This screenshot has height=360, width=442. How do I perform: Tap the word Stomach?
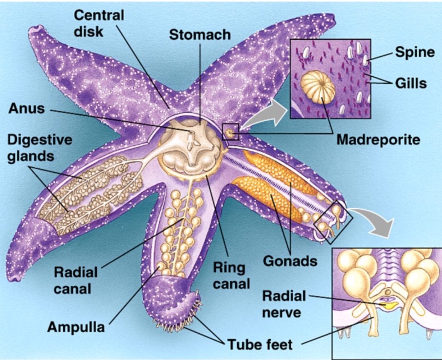coord(200,35)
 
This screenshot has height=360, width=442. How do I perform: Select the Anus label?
coord(26,107)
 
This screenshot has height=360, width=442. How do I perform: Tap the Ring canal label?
coord(231,275)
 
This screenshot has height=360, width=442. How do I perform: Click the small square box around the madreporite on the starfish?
coord(231,131)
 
